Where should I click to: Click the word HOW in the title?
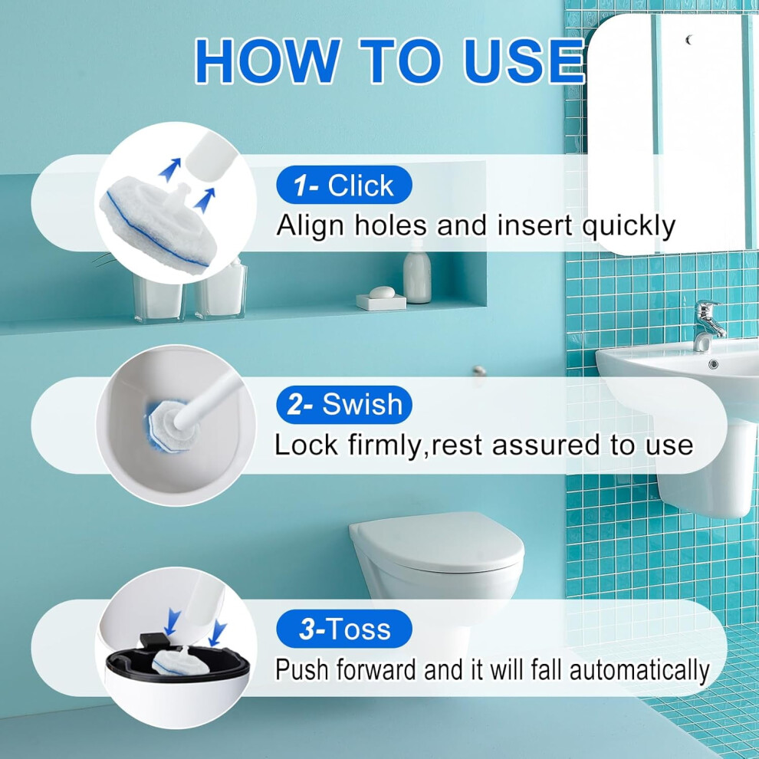(x=268, y=62)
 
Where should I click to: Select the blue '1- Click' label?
(x=344, y=185)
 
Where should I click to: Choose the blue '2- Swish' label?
(x=344, y=404)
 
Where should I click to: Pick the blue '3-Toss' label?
(x=344, y=629)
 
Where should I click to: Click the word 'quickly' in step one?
(x=629, y=226)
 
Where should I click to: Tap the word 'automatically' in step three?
(x=639, y=670)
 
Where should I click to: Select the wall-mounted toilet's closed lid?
(x=438, y=541)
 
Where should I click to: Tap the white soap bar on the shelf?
(x=383, y=292)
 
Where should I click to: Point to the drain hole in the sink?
(x=713, y=364)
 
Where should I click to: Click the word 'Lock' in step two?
(x=307, y=445)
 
